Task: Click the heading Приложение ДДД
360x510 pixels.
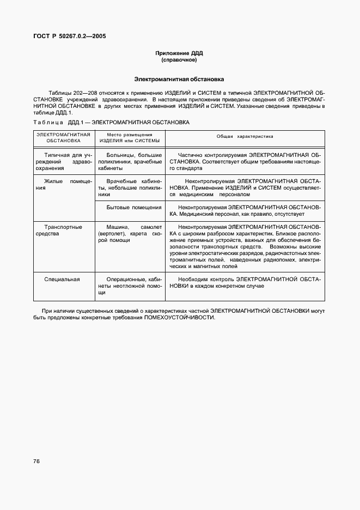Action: (x=179, y=53)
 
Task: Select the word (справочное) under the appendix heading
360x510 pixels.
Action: (x=179, y=60)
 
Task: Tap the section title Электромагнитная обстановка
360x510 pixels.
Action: (x=179, y=79)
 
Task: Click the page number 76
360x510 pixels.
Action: (x=36, y=461)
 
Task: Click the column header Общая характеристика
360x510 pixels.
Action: (x=245, y=136)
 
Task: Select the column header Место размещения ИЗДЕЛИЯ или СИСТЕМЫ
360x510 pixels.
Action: (x=130, y=137)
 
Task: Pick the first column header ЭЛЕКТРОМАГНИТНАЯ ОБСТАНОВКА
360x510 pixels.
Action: (x=64, y=137)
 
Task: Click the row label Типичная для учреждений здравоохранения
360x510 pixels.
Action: (x=64, y=161)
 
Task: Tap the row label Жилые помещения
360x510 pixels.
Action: (x=64, y=184)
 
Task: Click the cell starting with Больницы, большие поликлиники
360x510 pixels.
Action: (x=130, y=161)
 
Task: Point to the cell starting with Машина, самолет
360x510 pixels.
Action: (x=130, y=234)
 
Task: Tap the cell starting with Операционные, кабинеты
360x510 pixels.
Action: (x=130, y=286)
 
